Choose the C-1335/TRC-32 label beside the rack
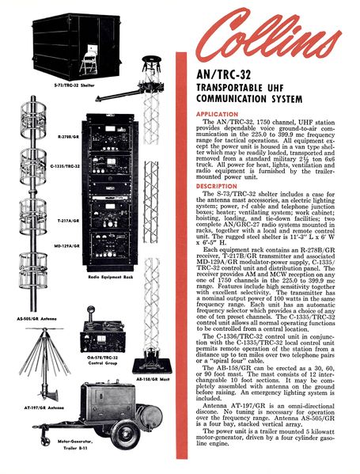[63, 166]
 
